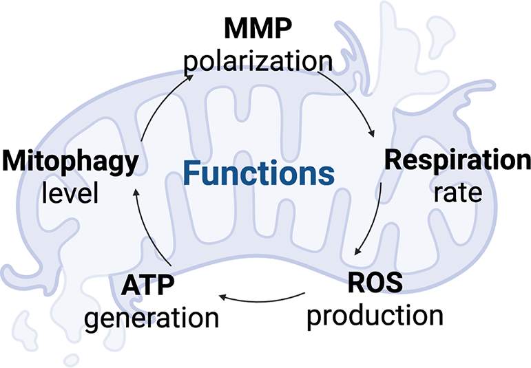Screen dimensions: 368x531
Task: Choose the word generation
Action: [x=151, y=317]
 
